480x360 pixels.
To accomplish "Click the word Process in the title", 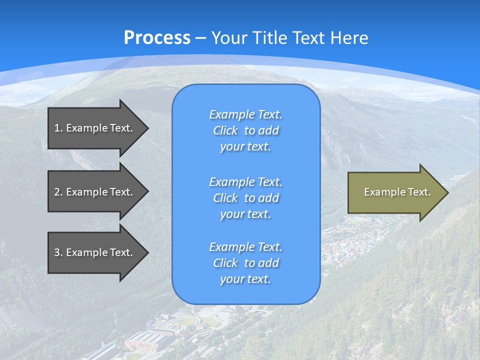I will (x=157, y=37).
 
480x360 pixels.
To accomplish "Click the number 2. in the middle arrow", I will (x=58, y=192).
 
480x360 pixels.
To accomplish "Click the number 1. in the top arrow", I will (x=58, y=128).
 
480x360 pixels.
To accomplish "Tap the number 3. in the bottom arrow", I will (x=58, y=252).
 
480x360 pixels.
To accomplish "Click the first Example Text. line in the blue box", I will (x=245, y=114).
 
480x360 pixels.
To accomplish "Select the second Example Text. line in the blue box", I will (x=245, y=181).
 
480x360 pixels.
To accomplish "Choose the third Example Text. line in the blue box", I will (x=245, y=247).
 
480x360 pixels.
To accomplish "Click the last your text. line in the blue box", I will (x=245, y=279).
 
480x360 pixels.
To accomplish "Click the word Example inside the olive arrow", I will (x=379, y=192).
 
